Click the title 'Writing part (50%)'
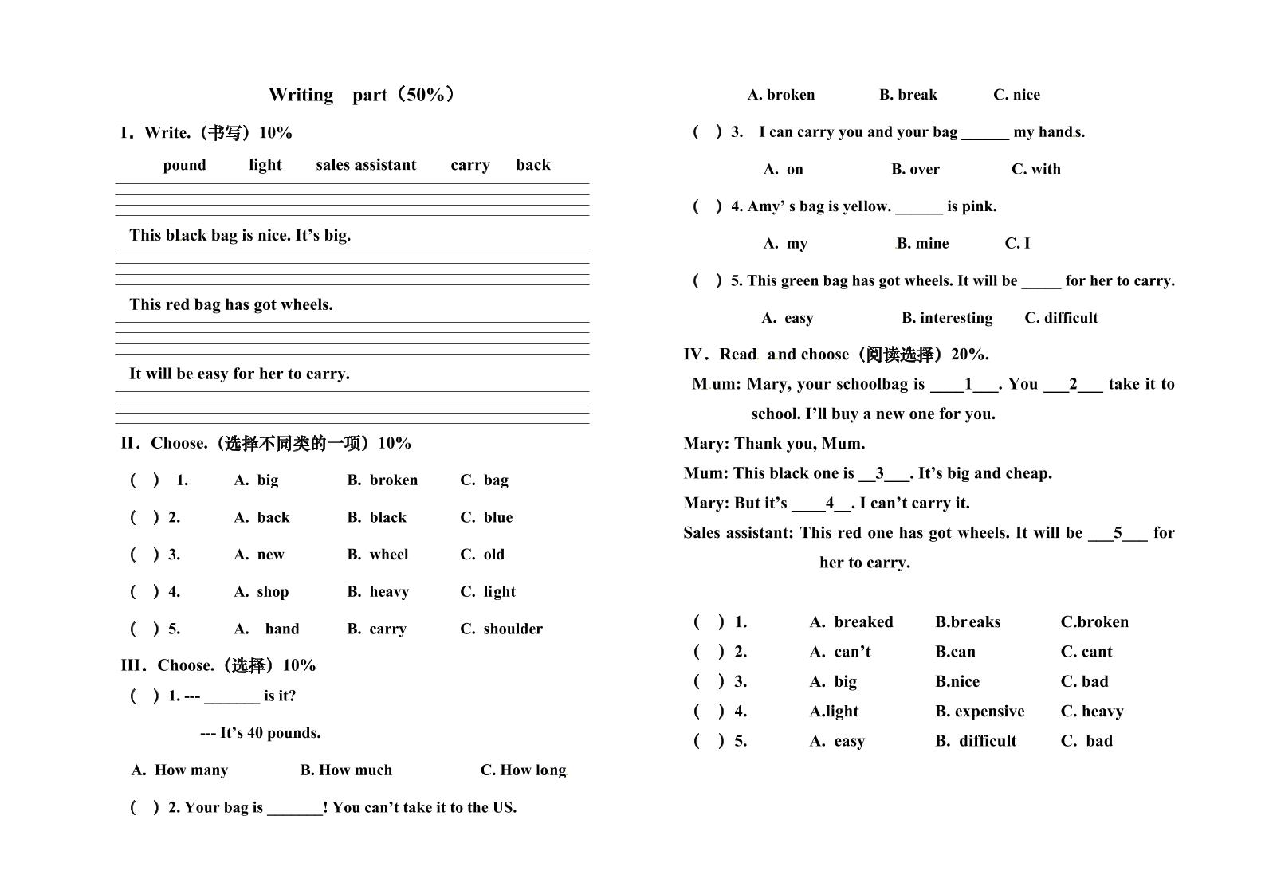[x=363, y=95]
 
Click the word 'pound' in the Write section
[x=184, y=165]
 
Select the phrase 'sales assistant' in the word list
[x=366, y=165]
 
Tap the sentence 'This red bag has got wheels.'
[x=231, y=304]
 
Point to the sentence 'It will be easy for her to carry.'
[x=239, y=374]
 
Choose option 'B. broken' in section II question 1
[x=383, y=480]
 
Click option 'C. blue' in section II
[x=486, y=518]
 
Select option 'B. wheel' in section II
[x=378, y=555]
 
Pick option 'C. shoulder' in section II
[x=501, y=629]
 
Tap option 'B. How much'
[x=346, y=770]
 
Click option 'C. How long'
[x=523, y=770]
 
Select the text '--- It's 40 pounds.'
[x=261, y=733]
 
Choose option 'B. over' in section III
[x=915, y=169]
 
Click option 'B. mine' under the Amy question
[x=922, y=244]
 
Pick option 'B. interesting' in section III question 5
[x=947, y=318]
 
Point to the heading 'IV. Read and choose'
[x=836, y=355]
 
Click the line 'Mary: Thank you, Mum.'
[x=774, y=444]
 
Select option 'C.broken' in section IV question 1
[x=1094, y=622]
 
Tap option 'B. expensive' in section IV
[x=980, y=712]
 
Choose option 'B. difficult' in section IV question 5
[x=976, y=741]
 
